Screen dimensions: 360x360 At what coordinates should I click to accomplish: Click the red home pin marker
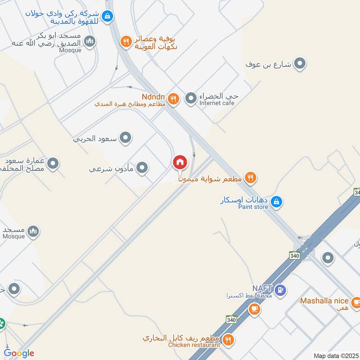coord(180,162)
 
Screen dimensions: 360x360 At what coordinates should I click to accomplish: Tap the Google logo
coord(19,353)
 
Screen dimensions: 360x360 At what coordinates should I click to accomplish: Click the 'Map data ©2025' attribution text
coord(335,355)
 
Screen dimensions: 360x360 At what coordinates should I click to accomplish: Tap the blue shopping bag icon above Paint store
coord(277,202)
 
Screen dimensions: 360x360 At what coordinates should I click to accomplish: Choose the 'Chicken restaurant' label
coord(194,345)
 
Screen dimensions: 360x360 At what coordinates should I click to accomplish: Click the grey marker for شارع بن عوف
coord(300,64)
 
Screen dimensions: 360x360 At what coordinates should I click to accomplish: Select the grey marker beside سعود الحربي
coord(126,138)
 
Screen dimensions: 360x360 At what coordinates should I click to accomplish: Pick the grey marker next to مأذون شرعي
coord(142,168)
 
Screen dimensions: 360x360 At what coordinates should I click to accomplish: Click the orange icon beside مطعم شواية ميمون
coord(251,178)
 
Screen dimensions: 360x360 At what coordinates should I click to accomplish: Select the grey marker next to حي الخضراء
coord(191,97)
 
